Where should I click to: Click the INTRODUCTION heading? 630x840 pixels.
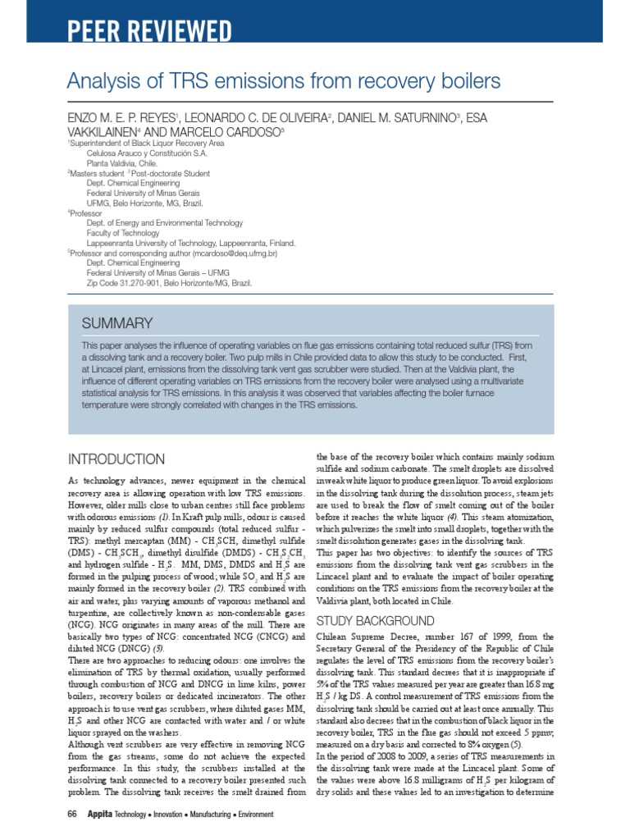115,459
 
